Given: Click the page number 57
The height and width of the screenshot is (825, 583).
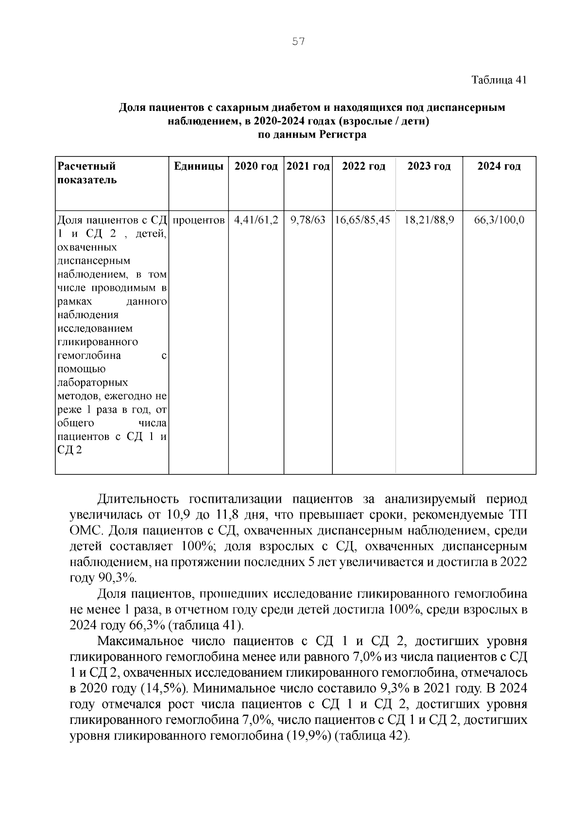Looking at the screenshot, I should (298, 42).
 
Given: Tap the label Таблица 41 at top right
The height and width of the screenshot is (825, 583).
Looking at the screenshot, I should (499, 80).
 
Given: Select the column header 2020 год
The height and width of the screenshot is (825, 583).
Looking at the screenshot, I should (256, 166).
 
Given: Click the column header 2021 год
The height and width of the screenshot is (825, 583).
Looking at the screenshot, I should (309, 166).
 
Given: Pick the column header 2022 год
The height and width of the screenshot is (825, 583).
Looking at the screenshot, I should (364, 166).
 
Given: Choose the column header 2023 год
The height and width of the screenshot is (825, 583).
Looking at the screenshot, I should (429, 166).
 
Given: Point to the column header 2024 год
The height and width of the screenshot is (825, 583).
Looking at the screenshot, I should (499, 166).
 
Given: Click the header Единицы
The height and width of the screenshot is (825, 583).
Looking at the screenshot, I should (199, 166).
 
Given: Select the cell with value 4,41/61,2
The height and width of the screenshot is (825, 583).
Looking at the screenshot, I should (256, 220).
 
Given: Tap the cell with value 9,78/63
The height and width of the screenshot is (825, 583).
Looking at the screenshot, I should (308, 220).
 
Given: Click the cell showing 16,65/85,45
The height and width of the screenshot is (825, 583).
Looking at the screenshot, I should (363, 220).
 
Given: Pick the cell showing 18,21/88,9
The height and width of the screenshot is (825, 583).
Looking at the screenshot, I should (429, 220).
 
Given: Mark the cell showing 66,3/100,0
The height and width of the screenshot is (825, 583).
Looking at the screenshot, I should (499, 220).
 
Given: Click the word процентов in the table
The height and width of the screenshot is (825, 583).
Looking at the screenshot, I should (198, 220).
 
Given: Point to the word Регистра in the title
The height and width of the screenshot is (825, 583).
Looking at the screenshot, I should (343, 135).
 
